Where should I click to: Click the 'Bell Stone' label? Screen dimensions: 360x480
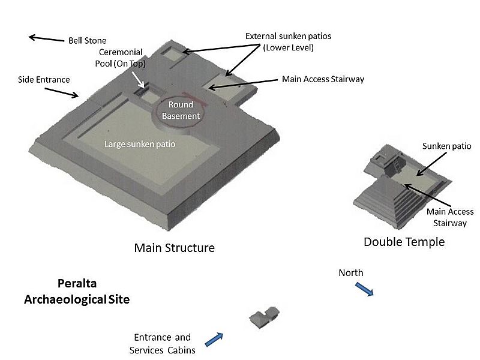87,41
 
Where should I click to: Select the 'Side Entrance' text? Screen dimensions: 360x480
44,79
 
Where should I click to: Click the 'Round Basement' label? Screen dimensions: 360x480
181,110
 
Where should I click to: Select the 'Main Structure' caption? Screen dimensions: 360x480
174,247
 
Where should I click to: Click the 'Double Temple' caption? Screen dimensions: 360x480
404,242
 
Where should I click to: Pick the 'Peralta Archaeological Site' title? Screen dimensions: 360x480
76,291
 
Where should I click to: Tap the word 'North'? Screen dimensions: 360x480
350,273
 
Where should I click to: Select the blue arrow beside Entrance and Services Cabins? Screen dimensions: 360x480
215,339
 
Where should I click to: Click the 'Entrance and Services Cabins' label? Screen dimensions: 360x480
163,344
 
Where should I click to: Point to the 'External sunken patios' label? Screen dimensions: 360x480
288,41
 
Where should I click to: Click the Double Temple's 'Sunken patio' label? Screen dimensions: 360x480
446,146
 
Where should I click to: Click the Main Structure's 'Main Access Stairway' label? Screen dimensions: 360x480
323,79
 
